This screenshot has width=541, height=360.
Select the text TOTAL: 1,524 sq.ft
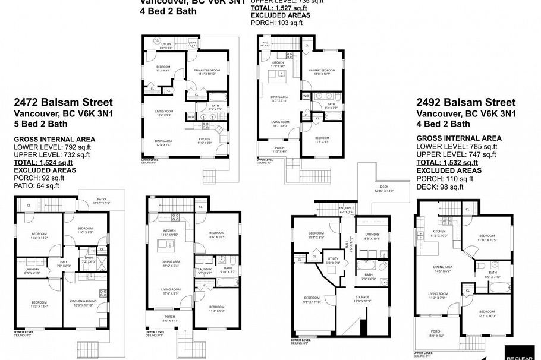(x=43, y=162)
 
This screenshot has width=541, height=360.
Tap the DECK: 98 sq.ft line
(x=439, y=187)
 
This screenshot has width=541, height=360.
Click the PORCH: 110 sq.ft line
(x=445, y=178)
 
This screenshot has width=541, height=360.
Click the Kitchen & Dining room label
(x=83, y=303)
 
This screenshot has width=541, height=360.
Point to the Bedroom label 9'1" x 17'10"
(x=312, y=299)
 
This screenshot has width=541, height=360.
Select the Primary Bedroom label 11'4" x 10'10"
(x=206, y=72)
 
